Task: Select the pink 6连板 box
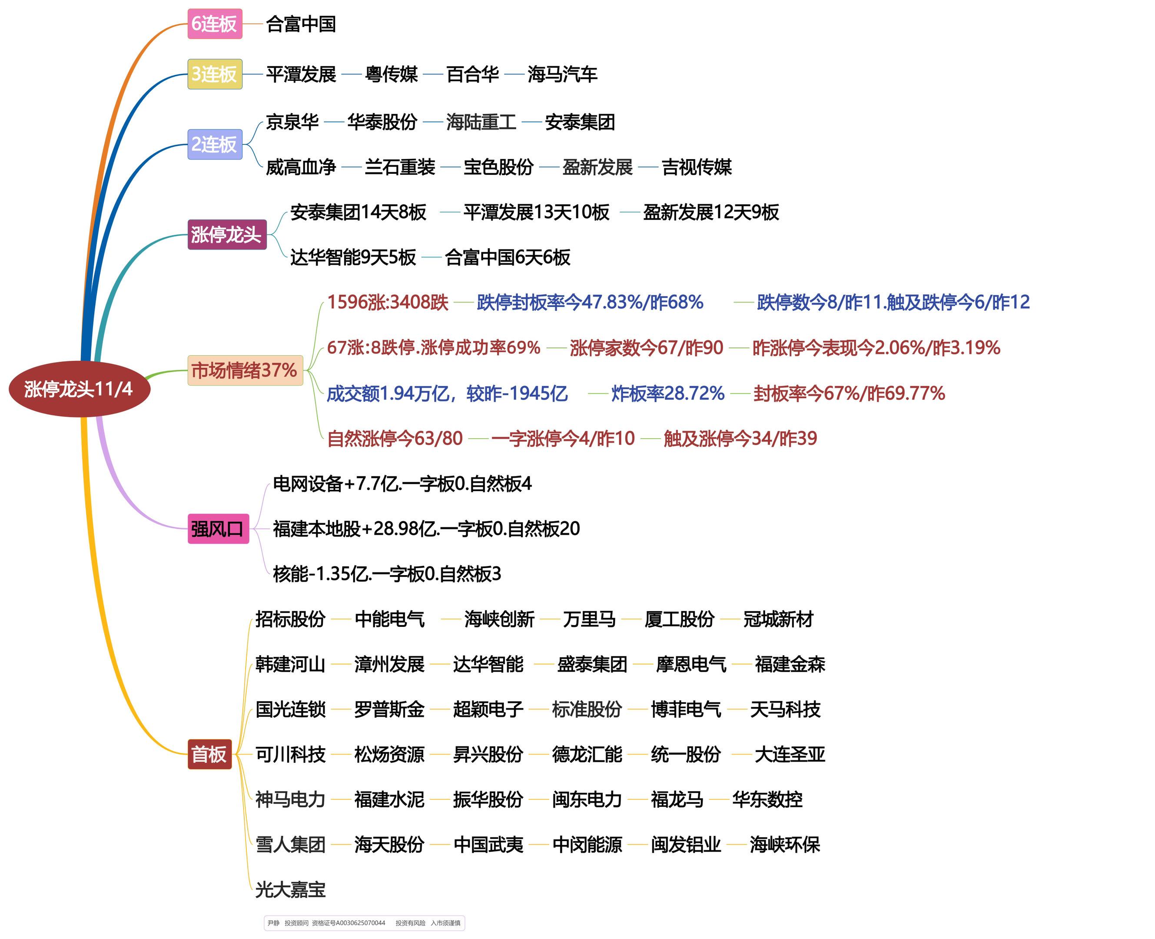pyautogui.click(x=215, y=24)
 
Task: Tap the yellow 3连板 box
pyautogui.click(x=215, y=74)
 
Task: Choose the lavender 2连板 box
pyautogui.click(x=215, y=144)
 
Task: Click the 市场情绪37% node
pyautogui.click(x=245, y=370)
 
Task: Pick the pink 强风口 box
pyautogui.click(x=218, y=529)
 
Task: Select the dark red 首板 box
pyautogui.click(x=209, y=754)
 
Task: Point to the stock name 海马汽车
pyautogui.click(x=562, y=74)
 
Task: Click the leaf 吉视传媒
pyautogui.click(x=697, y=167)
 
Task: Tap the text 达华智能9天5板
pyautogui.click(x=353, y=257)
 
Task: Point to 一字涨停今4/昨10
pyautogui.click(x=563, y=439)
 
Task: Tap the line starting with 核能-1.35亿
pyautogui.click(x=387, y=574)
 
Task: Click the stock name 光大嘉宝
pyautogui.click(x=290, y=890)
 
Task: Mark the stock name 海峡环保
pyautogui.click(x=785, y=844)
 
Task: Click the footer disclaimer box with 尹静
pyautogui.click(x=365, y=923)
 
